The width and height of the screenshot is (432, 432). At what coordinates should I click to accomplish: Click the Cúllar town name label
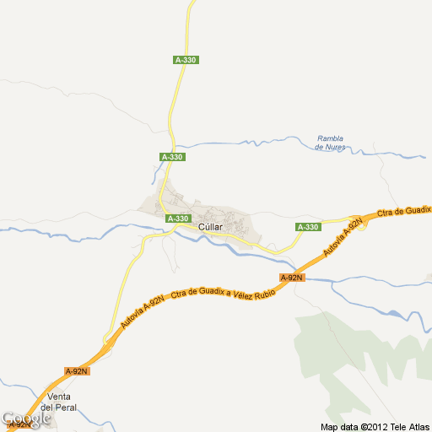pos(210,228)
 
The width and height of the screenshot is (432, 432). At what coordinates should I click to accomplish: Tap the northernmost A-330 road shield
pos(186,59)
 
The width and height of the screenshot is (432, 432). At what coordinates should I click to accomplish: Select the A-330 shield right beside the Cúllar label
pos(177,219)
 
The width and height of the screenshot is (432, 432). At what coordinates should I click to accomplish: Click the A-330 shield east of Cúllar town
pos(309,227)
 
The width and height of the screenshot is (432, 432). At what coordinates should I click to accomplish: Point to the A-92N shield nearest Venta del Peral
pos(77,370)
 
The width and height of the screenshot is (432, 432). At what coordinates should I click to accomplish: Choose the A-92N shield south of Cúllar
pos(291,278)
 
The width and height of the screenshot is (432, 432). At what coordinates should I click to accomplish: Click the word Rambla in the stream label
pos(331,138)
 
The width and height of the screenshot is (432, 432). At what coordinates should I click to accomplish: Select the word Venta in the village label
pos(60,397)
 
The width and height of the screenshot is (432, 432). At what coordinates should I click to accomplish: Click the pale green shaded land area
pos(337,354)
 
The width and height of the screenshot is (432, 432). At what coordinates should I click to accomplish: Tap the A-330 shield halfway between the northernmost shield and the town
pos(172,157)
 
